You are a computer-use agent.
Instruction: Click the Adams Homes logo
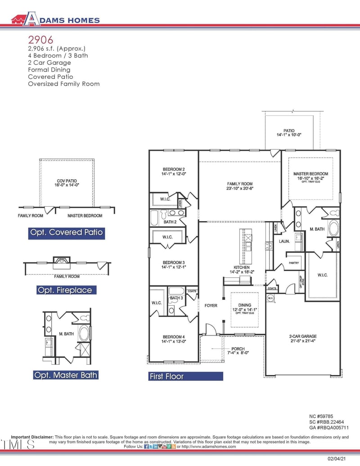coord(55,19)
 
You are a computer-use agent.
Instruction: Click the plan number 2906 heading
coord(40,40)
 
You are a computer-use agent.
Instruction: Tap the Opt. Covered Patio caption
coord(66,233)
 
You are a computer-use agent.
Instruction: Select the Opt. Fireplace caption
coord(65,290)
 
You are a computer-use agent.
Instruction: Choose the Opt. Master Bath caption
coord(65,375)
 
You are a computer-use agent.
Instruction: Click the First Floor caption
coord(166,376)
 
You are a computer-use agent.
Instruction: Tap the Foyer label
coord(211,306)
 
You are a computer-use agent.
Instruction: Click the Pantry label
coord(294,262)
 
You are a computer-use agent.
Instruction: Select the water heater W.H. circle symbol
coord(270,298)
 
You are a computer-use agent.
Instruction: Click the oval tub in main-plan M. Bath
coord(333,228)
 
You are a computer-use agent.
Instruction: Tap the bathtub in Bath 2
coord(154,217)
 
